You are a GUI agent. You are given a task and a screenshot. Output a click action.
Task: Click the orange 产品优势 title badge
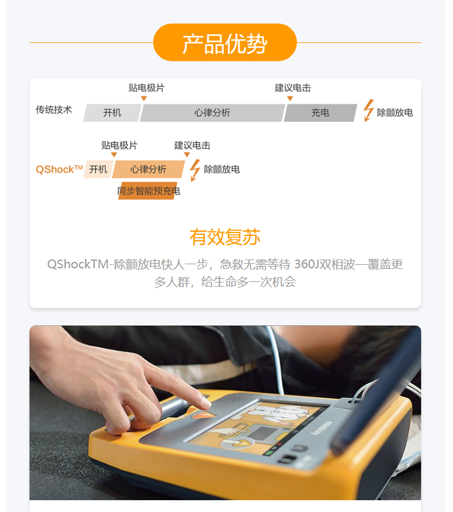pos(225,42)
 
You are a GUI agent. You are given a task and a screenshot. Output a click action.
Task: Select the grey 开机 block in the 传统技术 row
pos(113,113)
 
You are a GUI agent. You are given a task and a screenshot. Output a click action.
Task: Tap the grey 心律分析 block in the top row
pos(213,113)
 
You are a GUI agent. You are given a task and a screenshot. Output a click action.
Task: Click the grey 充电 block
pos(320,113)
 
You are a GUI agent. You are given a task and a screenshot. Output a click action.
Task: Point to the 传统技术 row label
pos(54,109)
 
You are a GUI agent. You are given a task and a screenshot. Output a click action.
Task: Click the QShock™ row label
pos(59,169)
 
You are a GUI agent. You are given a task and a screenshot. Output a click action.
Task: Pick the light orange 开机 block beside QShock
pos(98,169)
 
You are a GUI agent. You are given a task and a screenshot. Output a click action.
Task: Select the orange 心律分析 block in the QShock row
pos(148,169)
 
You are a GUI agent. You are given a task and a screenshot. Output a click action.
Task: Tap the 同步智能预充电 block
pos(148,191)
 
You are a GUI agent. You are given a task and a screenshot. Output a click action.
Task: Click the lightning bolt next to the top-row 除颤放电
pos(369,111)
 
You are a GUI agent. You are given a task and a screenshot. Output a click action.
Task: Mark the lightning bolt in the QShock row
pos(195,170)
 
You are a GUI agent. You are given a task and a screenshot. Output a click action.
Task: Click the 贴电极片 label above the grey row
pos(147,88)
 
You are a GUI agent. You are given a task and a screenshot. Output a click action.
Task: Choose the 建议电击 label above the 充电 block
pos(293,88)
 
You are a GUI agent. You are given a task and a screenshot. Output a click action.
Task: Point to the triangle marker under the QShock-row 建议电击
pos(187,155)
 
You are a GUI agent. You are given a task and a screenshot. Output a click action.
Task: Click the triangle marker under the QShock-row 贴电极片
pos(114,155)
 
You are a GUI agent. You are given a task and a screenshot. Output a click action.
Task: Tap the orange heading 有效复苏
pos(225,237)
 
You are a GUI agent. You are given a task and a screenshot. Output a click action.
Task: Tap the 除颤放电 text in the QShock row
pos(222,169)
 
